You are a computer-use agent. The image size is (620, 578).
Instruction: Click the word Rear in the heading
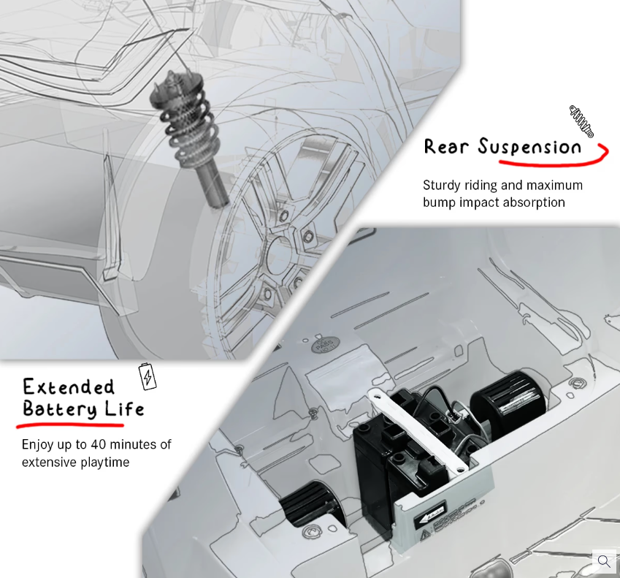click(446, 146)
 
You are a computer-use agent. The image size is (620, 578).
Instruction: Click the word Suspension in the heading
click(530, 147)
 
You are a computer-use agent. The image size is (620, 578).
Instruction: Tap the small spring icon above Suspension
click(581, 121)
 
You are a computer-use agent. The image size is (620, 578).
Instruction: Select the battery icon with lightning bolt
click(147, 376)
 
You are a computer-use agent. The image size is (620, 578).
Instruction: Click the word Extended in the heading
click(69, 387)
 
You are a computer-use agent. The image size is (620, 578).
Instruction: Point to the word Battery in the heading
click(60, 408)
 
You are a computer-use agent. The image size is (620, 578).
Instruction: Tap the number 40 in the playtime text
click(98, 444)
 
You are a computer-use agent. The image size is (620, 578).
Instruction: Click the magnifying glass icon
click(604, 560)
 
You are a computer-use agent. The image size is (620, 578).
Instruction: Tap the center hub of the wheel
click(279, 257)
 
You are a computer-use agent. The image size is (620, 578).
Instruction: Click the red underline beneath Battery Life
click(70, 425)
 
